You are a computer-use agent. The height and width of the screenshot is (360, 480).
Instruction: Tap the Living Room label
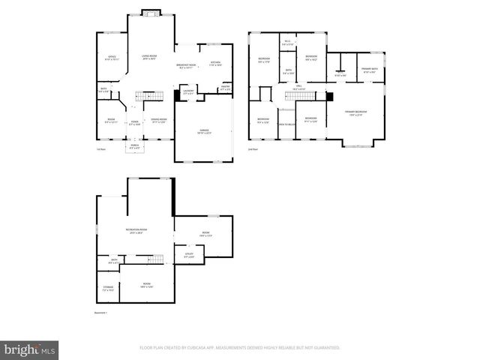pyautogui.click(x=149, y=57)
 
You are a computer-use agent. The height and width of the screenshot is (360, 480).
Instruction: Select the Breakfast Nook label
pyautogui.click(x=185, y=65)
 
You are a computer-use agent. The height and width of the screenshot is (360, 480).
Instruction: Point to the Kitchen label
pyautogui.click(x=215, y=64)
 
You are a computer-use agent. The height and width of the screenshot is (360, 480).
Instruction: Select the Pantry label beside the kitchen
pyautogui.click(x=224, y=88)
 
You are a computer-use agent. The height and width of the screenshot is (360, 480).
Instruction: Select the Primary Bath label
pyautogui.click(x=370, y=70)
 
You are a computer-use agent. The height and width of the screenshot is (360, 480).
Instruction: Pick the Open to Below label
pyautogui.click(x=286, y=124)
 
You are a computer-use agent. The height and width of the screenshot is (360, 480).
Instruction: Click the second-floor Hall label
pyautogui.click(x=298, y=88)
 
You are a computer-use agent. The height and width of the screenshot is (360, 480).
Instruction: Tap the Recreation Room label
pyautogui.click(x=136, y=231)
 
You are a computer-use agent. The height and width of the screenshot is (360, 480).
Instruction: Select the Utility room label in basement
pyautogui.click(x=189, y=255)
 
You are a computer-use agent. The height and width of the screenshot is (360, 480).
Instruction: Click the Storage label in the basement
pyautogui.click(x=108, y=288)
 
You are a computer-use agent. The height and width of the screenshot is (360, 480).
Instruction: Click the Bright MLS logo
pyautogui.click(x=30, y=349)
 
